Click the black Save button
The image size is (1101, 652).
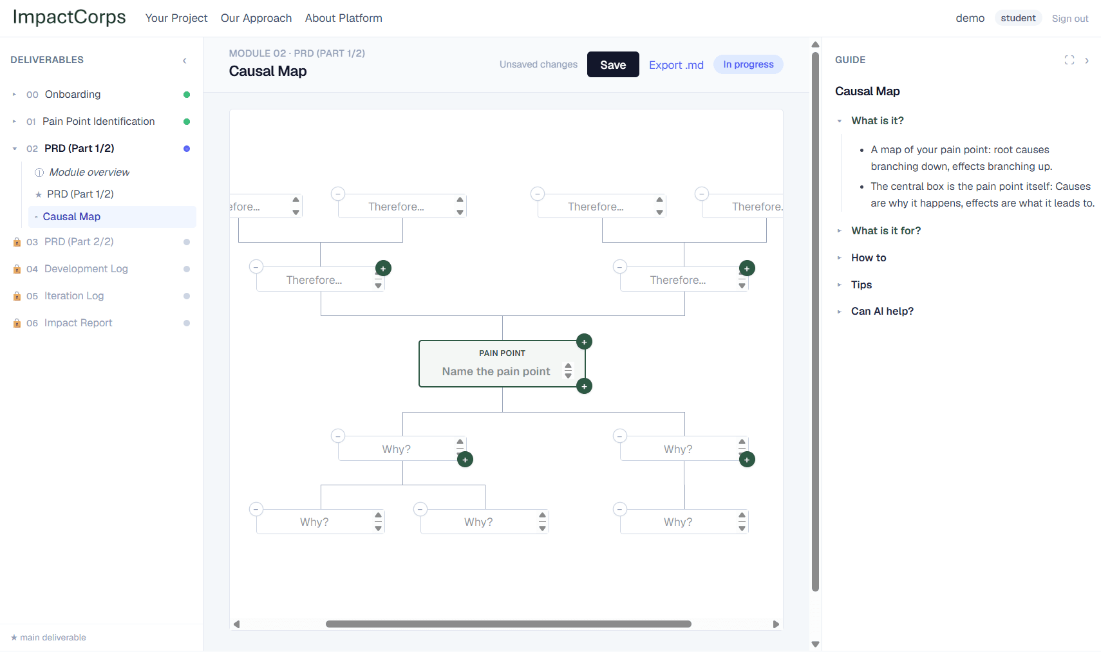click(613, 64)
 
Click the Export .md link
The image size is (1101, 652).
click(676, 65)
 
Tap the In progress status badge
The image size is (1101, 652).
click(748, 64)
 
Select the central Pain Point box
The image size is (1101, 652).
click(502, 364)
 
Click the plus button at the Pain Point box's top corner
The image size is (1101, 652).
click(584, 342)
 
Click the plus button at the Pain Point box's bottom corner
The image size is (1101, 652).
click(584, 386)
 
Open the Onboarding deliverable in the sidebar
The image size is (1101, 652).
click(73, 95)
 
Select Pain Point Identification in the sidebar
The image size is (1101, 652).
click(99, 122)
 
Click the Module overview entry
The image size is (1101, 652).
click(89, 172)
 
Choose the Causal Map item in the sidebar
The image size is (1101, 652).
click(71, 217)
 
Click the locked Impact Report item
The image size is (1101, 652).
click(78, 323)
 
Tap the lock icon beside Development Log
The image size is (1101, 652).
click(17, 269)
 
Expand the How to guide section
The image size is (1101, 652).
click(869, 258)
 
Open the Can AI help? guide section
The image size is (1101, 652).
click(882, 312)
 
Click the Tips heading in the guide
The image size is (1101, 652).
click(861, 285)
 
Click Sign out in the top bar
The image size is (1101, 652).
click(1070, 19)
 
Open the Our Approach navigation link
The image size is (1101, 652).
click(256, 18)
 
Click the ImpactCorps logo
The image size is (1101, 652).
click(70, 17)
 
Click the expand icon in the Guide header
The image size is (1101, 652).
click(1069, 60)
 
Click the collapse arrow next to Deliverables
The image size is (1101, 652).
click(185, 61)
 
